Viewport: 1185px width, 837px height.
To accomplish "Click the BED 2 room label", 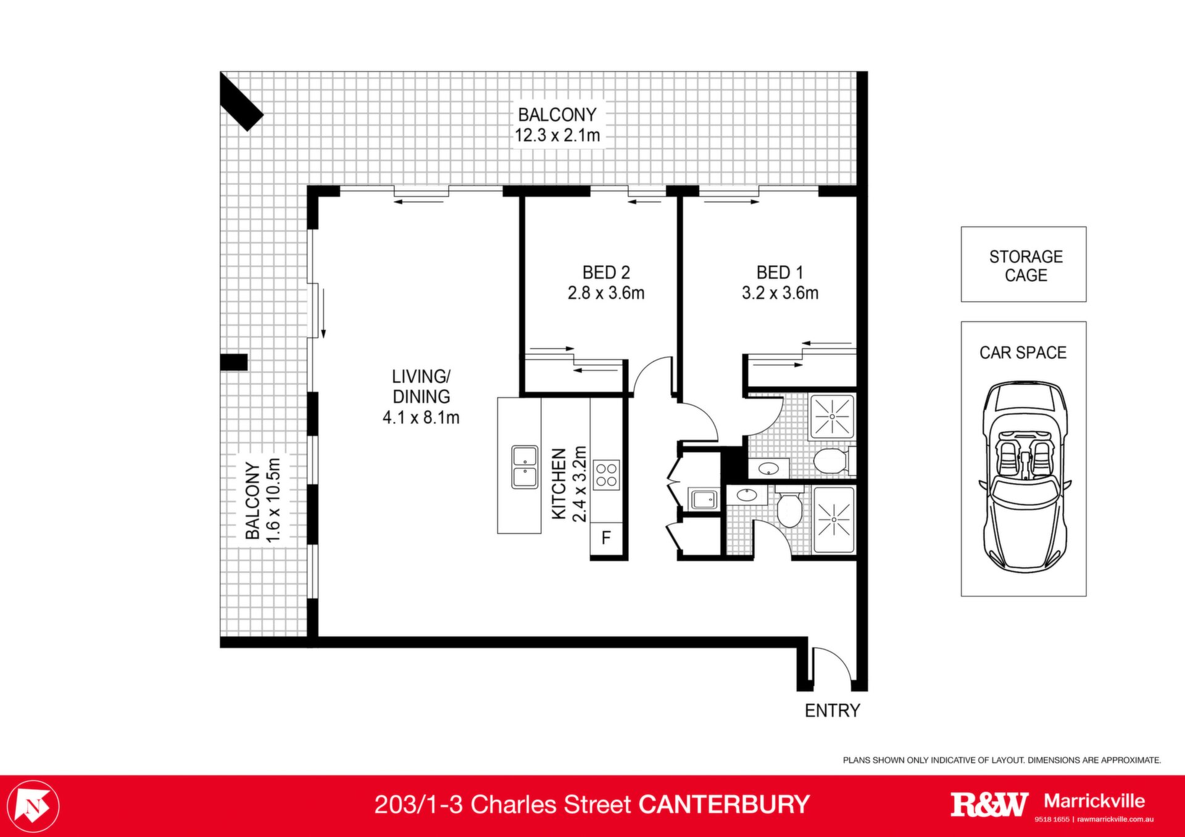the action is pos(606,273).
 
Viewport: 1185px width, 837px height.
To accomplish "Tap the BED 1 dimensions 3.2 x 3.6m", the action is pos(780,293).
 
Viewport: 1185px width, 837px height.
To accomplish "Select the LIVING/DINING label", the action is pos(422,386).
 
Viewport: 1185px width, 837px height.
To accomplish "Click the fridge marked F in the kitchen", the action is pos(606,537).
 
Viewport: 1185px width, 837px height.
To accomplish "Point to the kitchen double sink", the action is pos(525,467).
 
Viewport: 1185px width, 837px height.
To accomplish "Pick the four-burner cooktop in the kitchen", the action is pos(606,475).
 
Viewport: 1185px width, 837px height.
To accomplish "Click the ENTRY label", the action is pos(832,711).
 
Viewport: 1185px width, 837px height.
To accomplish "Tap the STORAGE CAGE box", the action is pos(1023,264).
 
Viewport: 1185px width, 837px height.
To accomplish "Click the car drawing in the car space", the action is pos(1024,476).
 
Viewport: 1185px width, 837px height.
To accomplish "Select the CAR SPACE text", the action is pos(1023,353).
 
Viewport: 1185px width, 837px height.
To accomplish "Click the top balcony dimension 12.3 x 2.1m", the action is pos(557,135).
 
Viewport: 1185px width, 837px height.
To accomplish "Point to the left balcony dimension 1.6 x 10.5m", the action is pos(273,500).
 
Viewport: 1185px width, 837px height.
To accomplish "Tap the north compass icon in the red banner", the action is pos(36,806).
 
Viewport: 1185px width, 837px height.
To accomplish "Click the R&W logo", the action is pos(989,804).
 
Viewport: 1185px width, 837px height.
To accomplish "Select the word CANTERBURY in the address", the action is pos(724,805).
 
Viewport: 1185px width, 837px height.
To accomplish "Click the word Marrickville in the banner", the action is pos(1094,801).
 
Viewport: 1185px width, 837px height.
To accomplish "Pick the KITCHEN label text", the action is pos(559,484).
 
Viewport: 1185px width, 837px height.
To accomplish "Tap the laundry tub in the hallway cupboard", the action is pos(703,499).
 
